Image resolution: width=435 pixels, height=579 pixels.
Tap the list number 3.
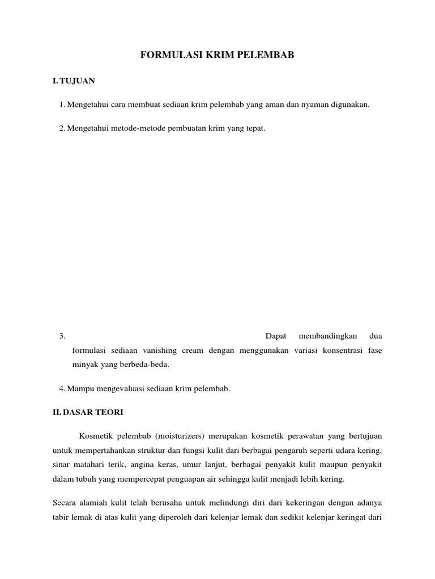(62, 336)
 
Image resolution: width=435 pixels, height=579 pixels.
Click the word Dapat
(276, 336)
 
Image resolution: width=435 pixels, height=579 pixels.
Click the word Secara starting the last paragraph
(64, 503)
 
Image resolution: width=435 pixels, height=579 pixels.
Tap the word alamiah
(96, 503)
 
